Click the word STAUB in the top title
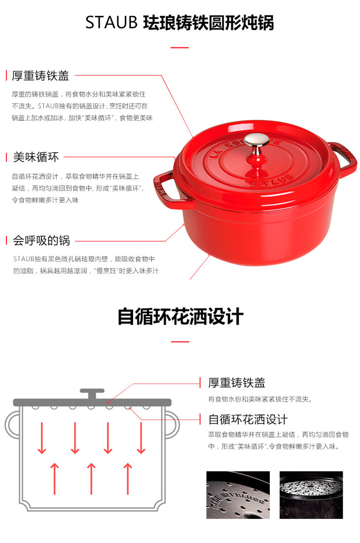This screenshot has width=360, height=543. pos(111,23)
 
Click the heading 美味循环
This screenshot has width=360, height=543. pos(36,157)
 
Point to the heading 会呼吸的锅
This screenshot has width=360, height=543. pos(41,240)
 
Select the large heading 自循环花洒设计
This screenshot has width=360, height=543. pos(180,317)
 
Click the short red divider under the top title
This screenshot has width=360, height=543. pos(180,47)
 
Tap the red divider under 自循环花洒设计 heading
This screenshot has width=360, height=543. pos(180,342)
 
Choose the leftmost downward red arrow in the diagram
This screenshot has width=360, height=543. pos(42,438)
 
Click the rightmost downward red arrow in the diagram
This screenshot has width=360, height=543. pos(141,438)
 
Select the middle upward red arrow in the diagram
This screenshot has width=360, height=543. pos(91,478)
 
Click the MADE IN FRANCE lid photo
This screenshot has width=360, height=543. pos(238,495)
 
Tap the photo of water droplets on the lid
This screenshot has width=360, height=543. pos(311,495)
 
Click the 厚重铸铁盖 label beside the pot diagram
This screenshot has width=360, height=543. pos(237,383)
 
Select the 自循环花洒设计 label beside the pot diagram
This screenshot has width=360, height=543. pos(248,419)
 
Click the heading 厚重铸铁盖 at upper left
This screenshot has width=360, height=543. pos(40,75)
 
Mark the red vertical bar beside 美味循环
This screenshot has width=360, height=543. pos(6,157)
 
